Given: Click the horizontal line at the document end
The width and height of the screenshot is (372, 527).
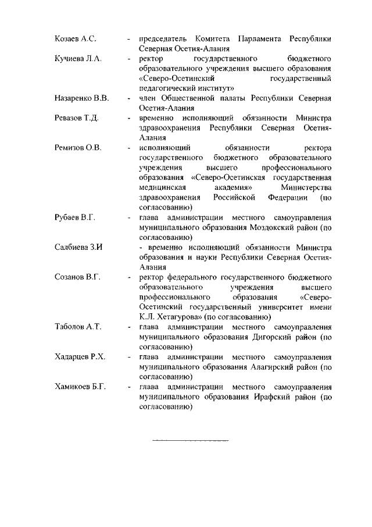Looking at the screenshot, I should pos(190,440).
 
